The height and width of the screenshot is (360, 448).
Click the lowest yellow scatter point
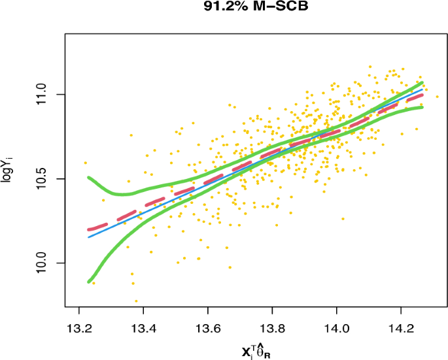point(136,301)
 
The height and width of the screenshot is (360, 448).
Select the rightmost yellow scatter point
point(438,97)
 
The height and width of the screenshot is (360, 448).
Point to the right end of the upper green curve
point(422,83)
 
